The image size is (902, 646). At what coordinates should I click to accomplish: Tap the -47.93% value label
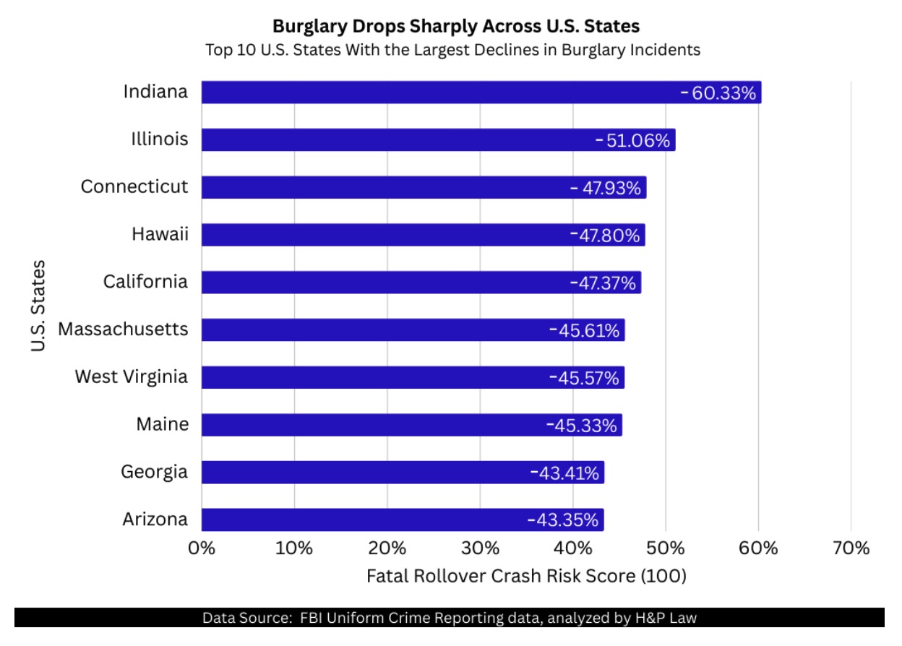[x=606, y=188]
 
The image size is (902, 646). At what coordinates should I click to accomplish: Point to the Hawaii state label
[x=160, y=234]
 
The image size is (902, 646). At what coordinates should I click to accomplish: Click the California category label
[x=145, y=282]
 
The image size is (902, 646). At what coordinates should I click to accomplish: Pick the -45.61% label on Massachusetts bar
[x=585, y=330]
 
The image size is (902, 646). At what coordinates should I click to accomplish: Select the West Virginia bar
[x=376, y=378]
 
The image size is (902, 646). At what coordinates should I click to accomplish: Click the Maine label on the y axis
[x=163, y=424]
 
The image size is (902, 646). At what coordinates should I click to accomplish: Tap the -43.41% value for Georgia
[x=564, y=473]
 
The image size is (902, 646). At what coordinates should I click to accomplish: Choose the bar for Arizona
[x=361, y=520]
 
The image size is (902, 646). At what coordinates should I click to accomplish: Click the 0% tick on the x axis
[x=202, y=548]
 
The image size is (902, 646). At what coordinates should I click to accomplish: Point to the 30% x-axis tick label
[x=480, y=548]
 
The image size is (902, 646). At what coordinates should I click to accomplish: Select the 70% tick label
[x=851, y=548]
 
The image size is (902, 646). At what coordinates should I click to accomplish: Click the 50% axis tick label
[x=666, y=548]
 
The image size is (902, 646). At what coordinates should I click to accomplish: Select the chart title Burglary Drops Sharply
[x=455, y=27]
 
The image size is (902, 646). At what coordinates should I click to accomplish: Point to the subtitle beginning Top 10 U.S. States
[x=453, y=50]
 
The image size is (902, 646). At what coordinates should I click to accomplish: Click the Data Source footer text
[x=449, y=618]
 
